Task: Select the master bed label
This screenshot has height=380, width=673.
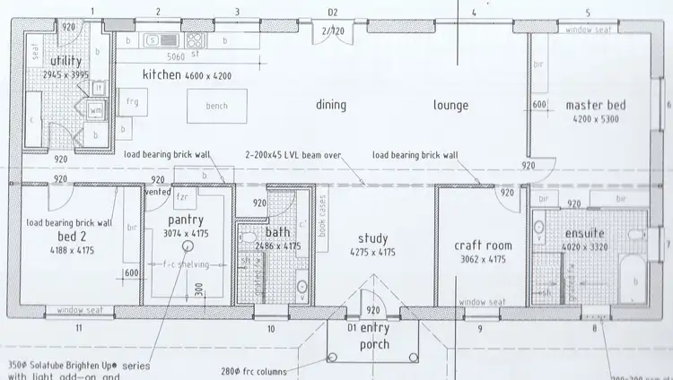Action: coord(595,106)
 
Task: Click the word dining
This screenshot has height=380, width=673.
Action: coord(331,105)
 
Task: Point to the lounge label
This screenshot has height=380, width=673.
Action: coord(450,105)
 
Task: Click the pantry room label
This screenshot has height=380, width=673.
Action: coord(187,220)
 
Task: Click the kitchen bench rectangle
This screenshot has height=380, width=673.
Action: coord(217,106)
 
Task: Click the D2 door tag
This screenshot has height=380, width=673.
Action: coord(332,13)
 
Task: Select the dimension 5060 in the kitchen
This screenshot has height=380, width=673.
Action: coord(177,56)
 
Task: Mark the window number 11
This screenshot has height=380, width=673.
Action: coord(79,329)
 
